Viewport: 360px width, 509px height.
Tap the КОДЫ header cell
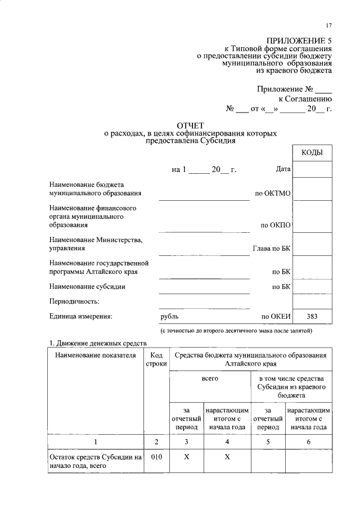click(x=312, y=152)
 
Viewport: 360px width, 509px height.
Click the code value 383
click(x=312, y=317)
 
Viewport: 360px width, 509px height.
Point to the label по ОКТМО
click(x=273, y=193)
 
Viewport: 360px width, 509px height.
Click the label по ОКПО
click(x=276, y=225)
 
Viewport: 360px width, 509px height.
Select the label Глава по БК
click(x=271, y=248)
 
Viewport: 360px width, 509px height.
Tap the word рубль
click(x=169, y=317)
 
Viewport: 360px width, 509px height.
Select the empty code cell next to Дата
click(x=312, y=169)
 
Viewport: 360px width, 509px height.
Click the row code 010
click(x=156, y=457)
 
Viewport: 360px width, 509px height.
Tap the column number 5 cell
click(x=268, y=442)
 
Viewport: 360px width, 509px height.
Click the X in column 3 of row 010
click(x=186, y=457)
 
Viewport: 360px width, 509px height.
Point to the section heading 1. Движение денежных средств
click(x=98, y=343)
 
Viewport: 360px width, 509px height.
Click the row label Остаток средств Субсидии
click(x=94, y=461)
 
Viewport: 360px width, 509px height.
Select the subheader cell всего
click(x=210, y=379)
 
